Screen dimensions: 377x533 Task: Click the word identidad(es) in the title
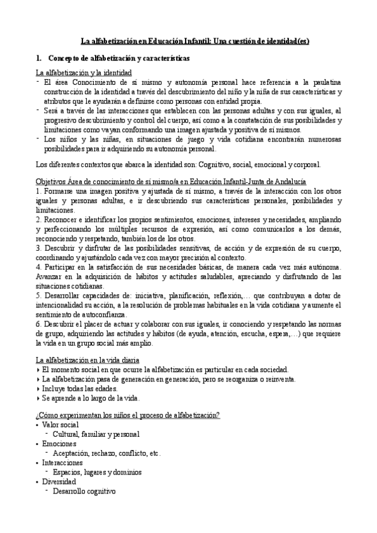pyautogui.click(x=283, y=42)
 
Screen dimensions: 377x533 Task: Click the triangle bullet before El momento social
pyautogui.click(x=38, y=370)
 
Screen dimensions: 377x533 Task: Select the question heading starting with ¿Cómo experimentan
pyautogui.click(x=128, y=415)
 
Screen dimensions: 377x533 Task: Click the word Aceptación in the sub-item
pyautogui.click(x=72, y=453)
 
